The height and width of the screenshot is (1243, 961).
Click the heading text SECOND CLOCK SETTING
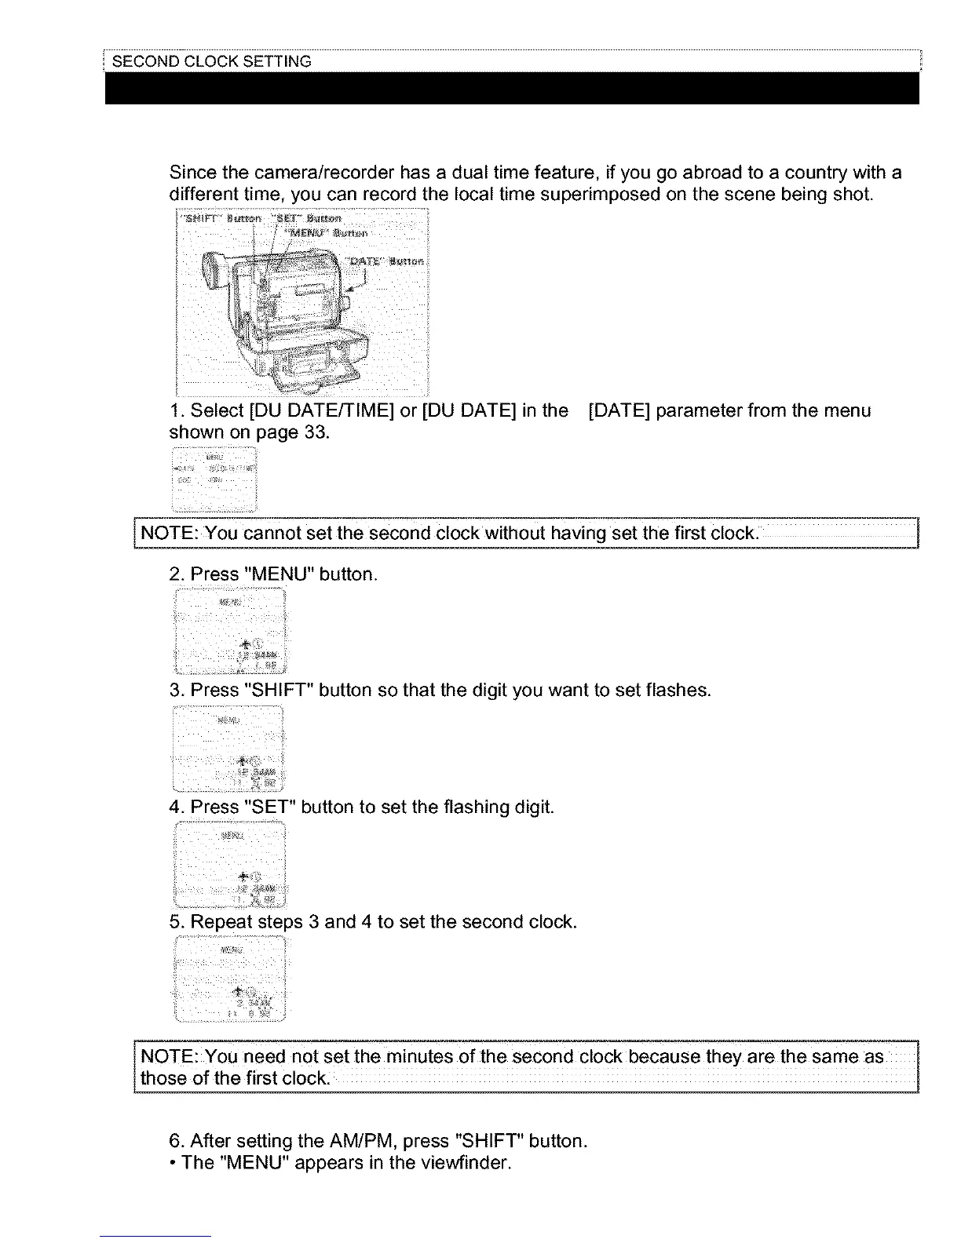(212, 61)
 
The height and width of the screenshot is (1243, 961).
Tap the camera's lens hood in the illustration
(211, 272)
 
